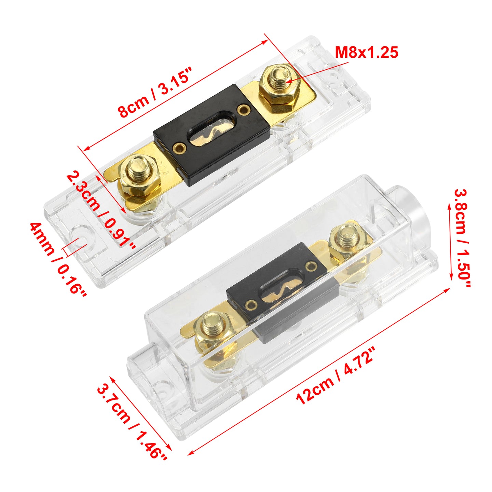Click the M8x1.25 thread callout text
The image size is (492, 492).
coord(366,52)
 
